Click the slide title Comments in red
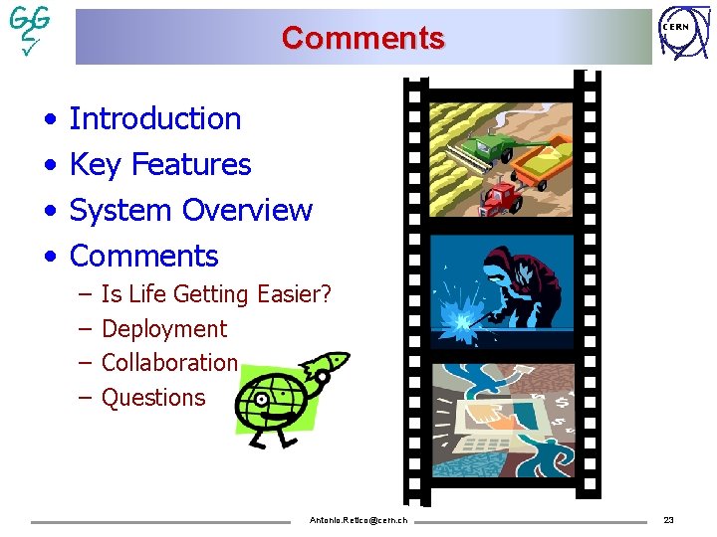pos(362,38)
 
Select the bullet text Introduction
pos(155,118)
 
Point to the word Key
pos(95,164)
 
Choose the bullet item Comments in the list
pos(144,256)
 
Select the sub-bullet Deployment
pos(164,328)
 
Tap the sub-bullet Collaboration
pos(169,362)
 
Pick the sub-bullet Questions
pos(153,397)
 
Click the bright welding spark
pos(461,320)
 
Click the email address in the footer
pos(358,520)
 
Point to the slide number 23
pos(668,520)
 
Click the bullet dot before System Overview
pos(50,211)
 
